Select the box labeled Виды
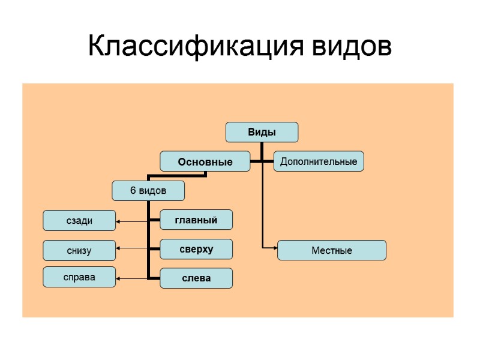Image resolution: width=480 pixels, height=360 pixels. tap(262, 132)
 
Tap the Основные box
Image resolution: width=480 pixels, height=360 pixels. tap(205, 161)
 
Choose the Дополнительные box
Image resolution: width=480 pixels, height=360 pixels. tap(319, 161)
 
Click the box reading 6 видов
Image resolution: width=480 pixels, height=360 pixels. tap(148, 191)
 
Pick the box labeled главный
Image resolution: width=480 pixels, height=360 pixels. tap(196, 220)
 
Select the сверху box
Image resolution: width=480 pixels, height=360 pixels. tap(196, 248)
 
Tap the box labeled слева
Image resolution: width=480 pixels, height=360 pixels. tap(196, 278)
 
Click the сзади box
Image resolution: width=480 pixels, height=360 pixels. tap(79, 220)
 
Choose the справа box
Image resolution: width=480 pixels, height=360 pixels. tap(79, 277)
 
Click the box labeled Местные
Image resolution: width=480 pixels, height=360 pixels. tap(331, 250)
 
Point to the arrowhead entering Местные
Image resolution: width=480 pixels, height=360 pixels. tap(275, 247)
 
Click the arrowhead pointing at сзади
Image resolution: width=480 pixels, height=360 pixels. tap(118, 222)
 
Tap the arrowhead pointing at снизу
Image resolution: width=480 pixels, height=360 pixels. tap(118, 248)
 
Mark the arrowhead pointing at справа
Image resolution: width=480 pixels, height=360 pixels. tap(118, 278)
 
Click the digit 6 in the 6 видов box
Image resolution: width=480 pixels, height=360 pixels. tap(133, 191)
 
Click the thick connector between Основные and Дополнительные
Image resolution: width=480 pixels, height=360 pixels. tap(262, 161)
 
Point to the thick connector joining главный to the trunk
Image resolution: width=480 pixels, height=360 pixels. tap(154, 221)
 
